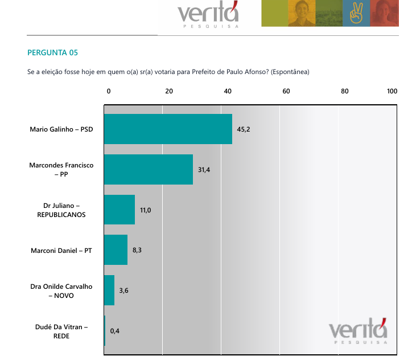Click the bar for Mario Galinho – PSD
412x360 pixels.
(168, 129)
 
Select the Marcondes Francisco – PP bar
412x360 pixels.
(149, 169)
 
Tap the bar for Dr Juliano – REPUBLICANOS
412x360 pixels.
(120, 210)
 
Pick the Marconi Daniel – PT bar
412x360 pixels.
(116, 249)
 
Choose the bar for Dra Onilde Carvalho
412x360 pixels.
(109, 290)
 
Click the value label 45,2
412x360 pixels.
(244, 129)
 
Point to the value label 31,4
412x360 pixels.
(204, 170)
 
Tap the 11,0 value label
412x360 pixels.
(146, 210)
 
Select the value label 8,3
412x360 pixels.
(138, 250)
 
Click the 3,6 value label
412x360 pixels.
(125, 291)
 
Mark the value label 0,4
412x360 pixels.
(115, 330)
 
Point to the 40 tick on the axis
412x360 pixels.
(228, 91)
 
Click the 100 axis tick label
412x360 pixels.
(392, 91)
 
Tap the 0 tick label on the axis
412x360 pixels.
(109, 91)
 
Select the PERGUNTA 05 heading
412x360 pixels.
(52, 53)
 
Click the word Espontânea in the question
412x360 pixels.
(290, 72)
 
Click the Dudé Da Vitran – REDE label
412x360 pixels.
(61, 331)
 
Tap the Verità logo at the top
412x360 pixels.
(208, 15)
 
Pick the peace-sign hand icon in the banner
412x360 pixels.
(356, 13)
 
